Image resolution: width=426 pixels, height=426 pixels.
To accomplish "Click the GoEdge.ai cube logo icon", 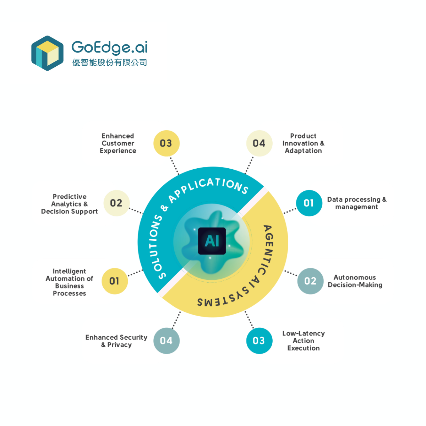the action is click(47, 53).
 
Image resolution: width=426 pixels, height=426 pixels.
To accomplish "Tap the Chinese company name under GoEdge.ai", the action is click(110, 62).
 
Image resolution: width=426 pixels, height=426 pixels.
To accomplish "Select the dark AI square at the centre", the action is click(212, 241).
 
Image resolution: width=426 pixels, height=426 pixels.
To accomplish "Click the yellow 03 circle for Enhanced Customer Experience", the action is click(166, 143).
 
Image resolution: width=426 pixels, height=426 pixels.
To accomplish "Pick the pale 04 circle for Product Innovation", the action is click(259, 143).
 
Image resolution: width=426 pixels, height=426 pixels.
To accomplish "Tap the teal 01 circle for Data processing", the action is click(309, 203).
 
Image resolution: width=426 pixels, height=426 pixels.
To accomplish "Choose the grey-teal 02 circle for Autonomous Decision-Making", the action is click(310, 281).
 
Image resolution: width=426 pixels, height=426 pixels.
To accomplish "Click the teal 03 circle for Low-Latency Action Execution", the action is click(259, 341).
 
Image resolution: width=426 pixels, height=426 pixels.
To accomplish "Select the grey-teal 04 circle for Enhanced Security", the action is click(166, 341).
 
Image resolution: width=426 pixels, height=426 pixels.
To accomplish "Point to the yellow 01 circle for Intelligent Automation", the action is click(115, 281).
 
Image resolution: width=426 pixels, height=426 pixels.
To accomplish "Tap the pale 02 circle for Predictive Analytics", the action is click(116, 203).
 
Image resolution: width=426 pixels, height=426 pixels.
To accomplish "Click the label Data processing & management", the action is click(356, 203).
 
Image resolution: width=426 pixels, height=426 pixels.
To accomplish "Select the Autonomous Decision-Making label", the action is click(355, 281).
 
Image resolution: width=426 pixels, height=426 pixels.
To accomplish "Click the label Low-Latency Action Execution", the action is click(304, 341).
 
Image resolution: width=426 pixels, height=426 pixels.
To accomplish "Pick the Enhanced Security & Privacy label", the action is click(116, 341).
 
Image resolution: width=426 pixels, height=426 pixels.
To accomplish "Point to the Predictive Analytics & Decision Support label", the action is click(70, 204).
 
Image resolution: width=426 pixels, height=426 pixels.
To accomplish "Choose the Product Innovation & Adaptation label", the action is click(303, 143).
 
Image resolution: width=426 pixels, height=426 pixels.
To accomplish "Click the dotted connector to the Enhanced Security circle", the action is click(176, 320).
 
